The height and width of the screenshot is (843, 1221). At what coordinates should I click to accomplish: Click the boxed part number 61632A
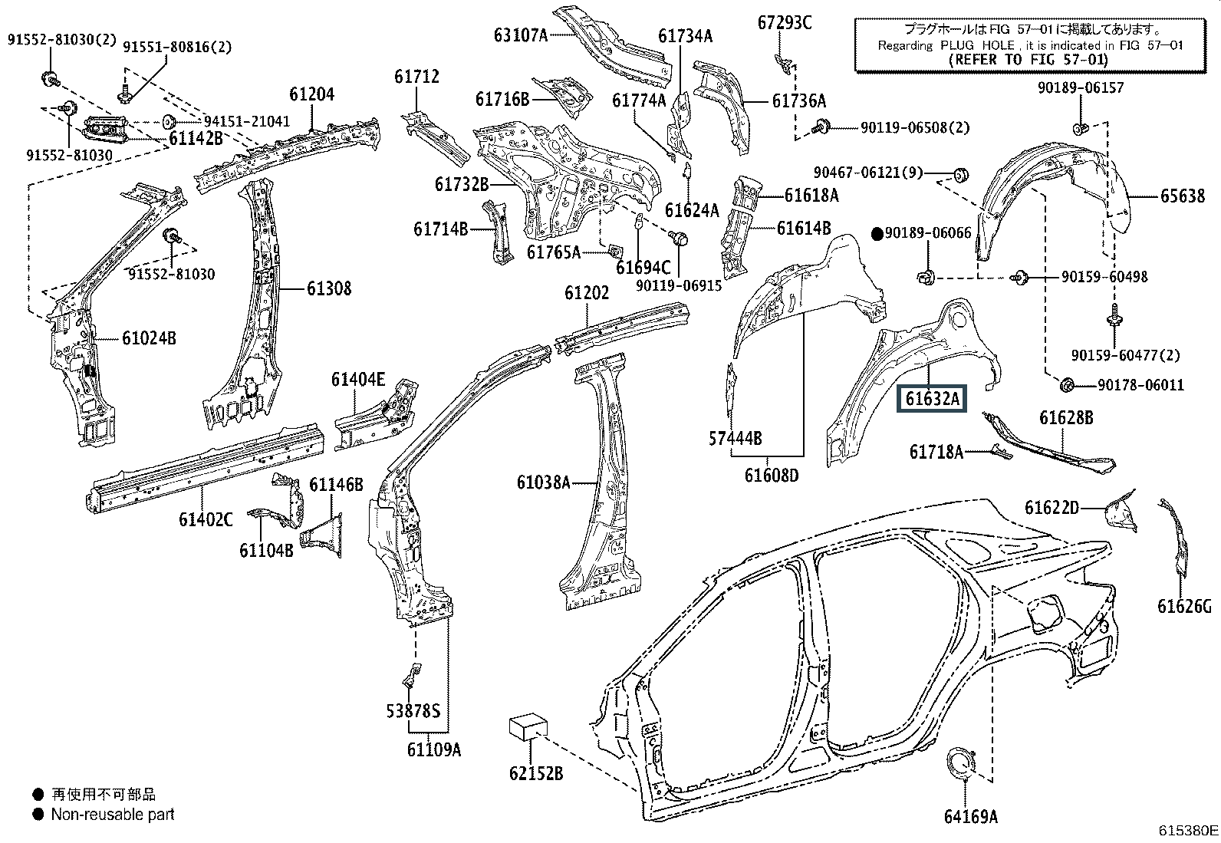click(x=932, y=399)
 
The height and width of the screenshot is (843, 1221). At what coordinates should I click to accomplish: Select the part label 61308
click(x=329, y=288)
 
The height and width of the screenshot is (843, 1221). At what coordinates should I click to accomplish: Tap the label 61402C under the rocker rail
click(x=206, y=519)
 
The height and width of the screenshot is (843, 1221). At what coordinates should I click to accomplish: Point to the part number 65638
click(x=1183, y=196)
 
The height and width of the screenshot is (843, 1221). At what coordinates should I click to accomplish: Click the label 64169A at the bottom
click(x=971, y=816)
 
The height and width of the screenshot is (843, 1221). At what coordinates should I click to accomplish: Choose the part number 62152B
click(x=536, y=773)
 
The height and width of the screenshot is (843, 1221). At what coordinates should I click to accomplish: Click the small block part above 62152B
click(x=528, y=729)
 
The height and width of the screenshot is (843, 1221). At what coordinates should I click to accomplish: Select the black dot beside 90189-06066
click(x=877, y=235)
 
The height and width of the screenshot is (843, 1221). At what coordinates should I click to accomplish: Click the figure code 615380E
click(x=1188, y=831)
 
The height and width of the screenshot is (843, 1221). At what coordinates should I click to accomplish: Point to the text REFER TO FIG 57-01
click(x=1028, y=59)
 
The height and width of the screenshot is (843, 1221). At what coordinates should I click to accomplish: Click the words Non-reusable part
click(x=112, y=814)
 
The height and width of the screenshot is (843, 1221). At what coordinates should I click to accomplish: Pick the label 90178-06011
click(x=1140, y=385)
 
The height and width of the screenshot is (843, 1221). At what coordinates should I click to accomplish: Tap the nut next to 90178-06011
click(x=1067, y=385)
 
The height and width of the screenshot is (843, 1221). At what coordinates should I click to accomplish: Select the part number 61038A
click(x=544, y=482)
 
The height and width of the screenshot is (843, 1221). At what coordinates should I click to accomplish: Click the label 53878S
click(x=413, y=711)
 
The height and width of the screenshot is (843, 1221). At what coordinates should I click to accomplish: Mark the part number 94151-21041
click(x=246, y=121)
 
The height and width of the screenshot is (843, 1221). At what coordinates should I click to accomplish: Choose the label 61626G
click(x=1184, y=606)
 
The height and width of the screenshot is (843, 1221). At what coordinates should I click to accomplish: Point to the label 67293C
click(x=785, y=23)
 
